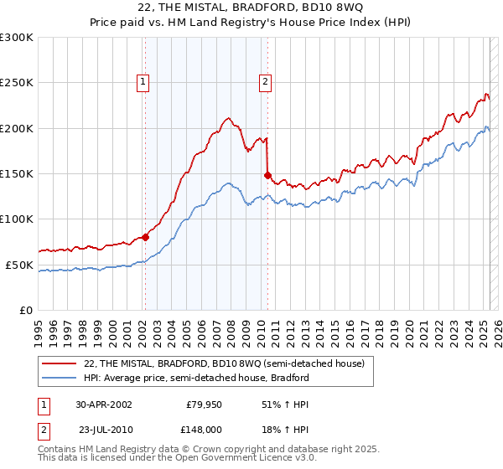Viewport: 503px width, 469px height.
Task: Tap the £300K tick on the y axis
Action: [16, 38]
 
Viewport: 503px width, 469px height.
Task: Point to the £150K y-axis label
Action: [16, 174]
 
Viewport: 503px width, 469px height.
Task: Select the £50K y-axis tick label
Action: [18, 265]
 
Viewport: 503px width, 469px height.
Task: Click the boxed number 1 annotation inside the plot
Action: [144, 82]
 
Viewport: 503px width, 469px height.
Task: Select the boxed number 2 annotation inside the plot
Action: [265, 82]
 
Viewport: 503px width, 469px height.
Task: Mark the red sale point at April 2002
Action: [145, 237]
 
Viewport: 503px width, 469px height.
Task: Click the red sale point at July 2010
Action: [267, 175]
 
